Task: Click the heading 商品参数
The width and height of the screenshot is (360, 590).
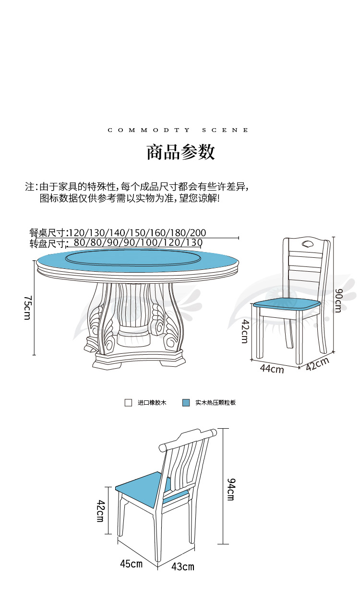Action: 180,152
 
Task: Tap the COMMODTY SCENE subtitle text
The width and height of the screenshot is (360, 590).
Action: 179,130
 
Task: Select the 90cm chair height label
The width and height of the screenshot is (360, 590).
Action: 338,300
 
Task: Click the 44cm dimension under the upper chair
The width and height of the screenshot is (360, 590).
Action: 272,369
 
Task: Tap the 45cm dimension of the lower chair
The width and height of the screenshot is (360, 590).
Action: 131,564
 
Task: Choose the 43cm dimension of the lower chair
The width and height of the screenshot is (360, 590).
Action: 183,566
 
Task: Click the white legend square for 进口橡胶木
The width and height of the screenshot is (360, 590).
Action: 128,403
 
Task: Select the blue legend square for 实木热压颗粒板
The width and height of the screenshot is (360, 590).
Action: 186,403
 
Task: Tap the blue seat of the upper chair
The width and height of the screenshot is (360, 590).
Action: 287,303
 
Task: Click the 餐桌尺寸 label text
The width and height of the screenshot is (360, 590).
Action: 48,233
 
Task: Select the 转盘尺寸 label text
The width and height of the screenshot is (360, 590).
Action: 48,243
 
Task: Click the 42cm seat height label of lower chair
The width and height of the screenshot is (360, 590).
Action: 101,511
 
